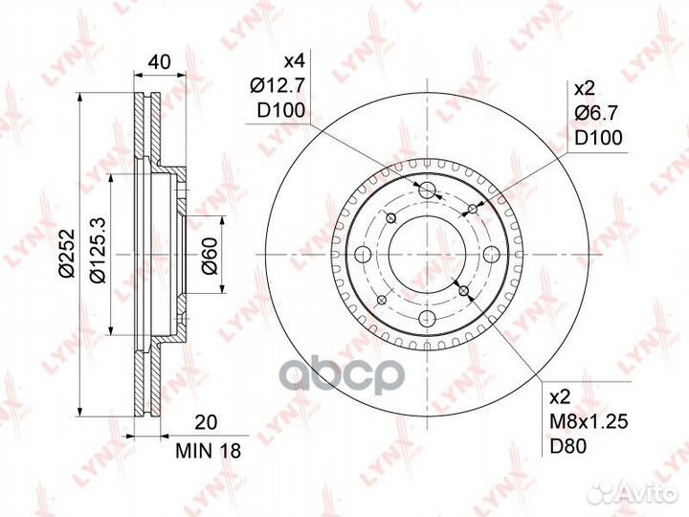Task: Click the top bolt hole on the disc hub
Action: tap(427, 188)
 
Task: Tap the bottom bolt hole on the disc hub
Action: tap(427, 319)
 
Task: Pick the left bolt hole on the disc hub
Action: tap(362, 254)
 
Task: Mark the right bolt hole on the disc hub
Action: tap(492, 254)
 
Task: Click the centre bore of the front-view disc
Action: tap(427, 254)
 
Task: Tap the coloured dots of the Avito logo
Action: tap(601, 492)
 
